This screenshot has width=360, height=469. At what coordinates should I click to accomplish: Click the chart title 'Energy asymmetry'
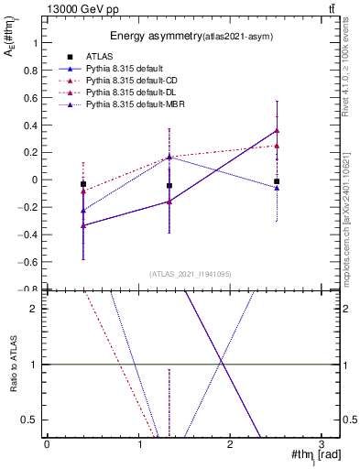click(x=151, y=37)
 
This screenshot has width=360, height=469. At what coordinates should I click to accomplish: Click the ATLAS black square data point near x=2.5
click(x=277, y=181)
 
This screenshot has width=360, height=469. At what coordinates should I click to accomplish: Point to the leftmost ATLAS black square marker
click(x=83, y=184)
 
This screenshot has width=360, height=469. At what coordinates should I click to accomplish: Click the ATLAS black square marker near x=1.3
click(x=169, y=185)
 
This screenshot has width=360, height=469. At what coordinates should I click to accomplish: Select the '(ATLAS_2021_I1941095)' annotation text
click(x=188, y=273)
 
